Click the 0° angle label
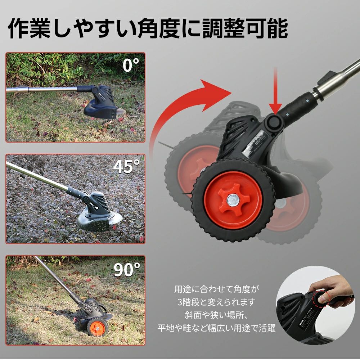(x=131, y=66)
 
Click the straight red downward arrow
(x=275, y=92)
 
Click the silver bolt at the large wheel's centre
(x=232, y=200)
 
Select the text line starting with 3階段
(x=216, y=302)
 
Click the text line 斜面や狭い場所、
(x=216, y=315)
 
